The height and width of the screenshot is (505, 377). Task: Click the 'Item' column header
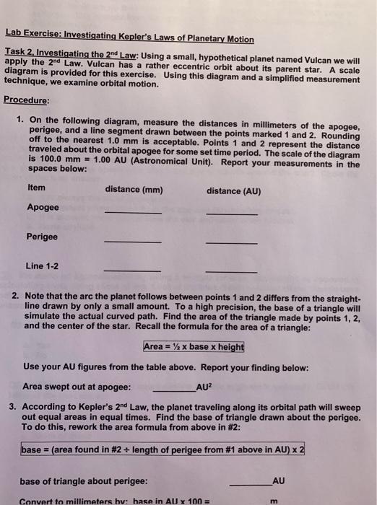35,188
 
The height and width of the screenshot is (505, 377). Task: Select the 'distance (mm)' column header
134,190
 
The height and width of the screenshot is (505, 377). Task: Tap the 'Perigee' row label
42,237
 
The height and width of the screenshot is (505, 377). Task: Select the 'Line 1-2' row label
43,265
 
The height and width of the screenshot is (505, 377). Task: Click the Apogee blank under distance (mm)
133,213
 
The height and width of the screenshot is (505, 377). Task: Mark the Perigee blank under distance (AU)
231,242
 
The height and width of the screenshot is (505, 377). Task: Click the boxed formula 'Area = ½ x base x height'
194,347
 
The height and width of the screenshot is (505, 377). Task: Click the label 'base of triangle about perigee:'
84,480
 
